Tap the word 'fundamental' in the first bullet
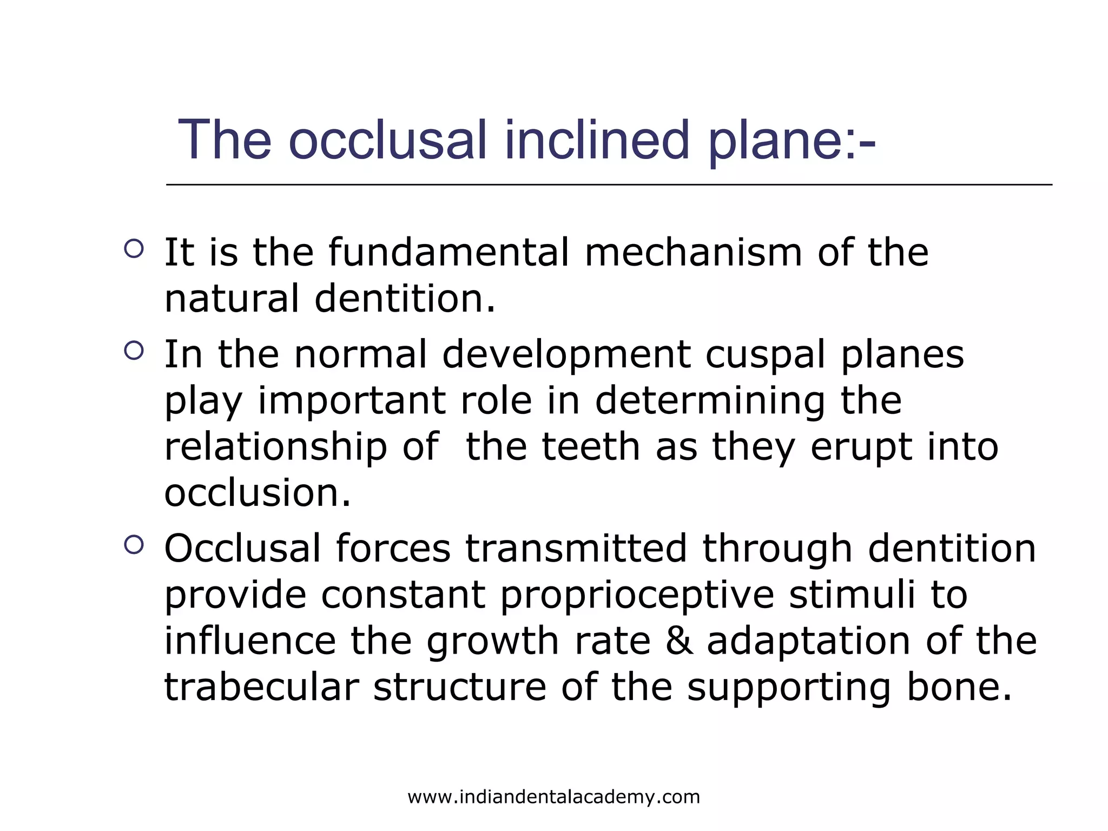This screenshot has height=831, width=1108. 449,252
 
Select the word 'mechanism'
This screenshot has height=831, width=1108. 694,252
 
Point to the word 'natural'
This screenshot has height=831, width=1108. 232,299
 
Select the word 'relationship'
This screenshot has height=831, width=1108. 275,447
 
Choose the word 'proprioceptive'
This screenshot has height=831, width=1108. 637,595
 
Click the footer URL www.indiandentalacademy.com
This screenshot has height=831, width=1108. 553,797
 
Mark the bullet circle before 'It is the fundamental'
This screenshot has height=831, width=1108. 134,249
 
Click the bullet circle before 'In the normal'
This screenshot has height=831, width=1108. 134,351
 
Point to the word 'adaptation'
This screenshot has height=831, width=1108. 809,642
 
